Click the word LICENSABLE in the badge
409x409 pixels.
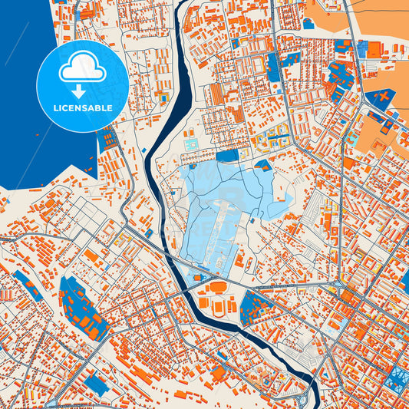83,107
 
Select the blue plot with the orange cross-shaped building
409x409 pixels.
380,99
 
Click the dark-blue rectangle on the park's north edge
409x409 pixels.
227,156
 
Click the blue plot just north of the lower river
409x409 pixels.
255,307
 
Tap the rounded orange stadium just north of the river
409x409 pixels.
218,289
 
